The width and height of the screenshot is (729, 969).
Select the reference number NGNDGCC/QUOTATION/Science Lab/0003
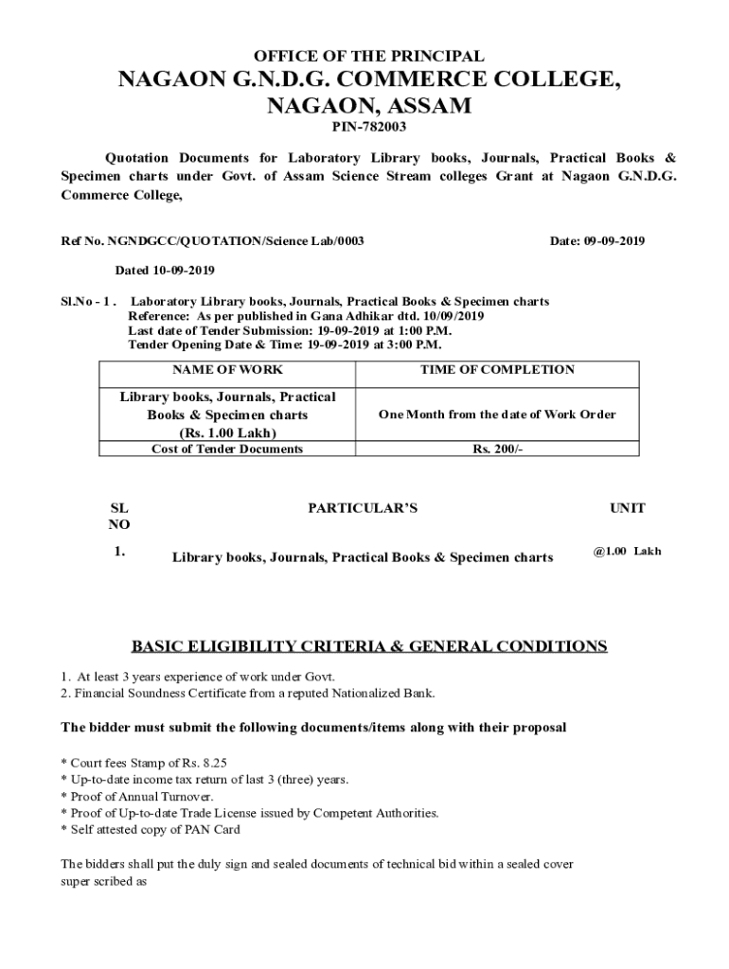coord(236,241)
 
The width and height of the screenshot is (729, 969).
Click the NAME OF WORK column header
coord(227,369)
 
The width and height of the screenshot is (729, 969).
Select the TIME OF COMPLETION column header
coord(497,369)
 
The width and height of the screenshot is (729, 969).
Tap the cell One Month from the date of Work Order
coord(497,414)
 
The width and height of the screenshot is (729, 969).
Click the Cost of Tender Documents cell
coord(227,449)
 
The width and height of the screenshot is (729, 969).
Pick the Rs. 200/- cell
coord(497,449)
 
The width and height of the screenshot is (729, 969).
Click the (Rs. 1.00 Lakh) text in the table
coord(227,432)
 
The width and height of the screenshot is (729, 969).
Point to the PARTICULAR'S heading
coord(363,508)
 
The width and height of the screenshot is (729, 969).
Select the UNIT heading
coord(627,508)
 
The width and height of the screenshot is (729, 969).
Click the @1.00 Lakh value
coord(627,551)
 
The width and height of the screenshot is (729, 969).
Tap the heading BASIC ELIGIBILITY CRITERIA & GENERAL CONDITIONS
coord(369,646)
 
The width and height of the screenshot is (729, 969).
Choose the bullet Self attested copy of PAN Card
coord(151,830)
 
